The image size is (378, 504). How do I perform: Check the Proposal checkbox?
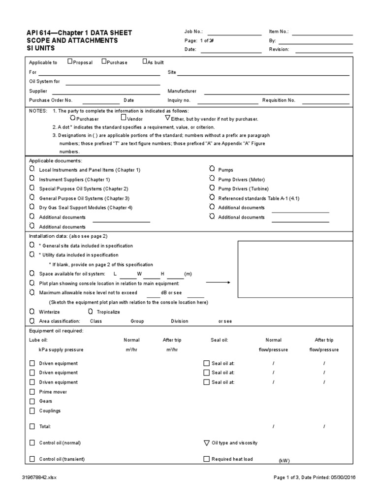point(70,62)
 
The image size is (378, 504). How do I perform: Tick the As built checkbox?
point(145,62)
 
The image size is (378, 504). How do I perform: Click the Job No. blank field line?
point(234,35)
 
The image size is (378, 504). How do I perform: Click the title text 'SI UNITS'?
point(41,49)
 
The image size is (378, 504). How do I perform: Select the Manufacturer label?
point(182,91)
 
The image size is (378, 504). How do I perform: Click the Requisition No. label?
point(279,100)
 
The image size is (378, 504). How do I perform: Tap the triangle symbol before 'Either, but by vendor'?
point(167,119)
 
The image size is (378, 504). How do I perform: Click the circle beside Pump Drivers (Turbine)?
point(212,189)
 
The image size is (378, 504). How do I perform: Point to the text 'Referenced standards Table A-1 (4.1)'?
point(259,198)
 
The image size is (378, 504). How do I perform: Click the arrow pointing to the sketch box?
point(218,283)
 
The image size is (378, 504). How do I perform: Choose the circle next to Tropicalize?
point(90,312)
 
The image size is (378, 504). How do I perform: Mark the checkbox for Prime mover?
point(32,392)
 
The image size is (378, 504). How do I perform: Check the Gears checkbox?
point(32,401)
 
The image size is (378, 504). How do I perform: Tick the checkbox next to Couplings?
point(32,410)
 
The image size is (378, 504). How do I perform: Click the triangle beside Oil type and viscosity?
point(206,442)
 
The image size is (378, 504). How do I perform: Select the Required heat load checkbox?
point(206,459)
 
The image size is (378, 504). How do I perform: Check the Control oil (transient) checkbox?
point(32,459)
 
